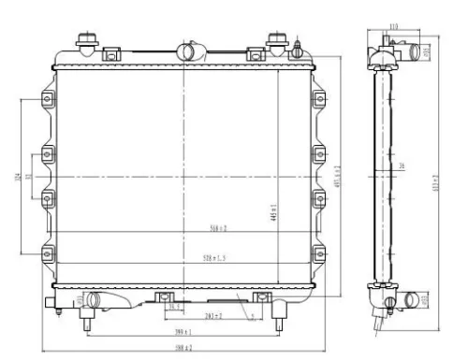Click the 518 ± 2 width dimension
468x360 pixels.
(218, 227)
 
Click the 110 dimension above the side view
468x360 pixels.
(393, 26)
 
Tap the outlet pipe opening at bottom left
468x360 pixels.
(94, 300)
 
